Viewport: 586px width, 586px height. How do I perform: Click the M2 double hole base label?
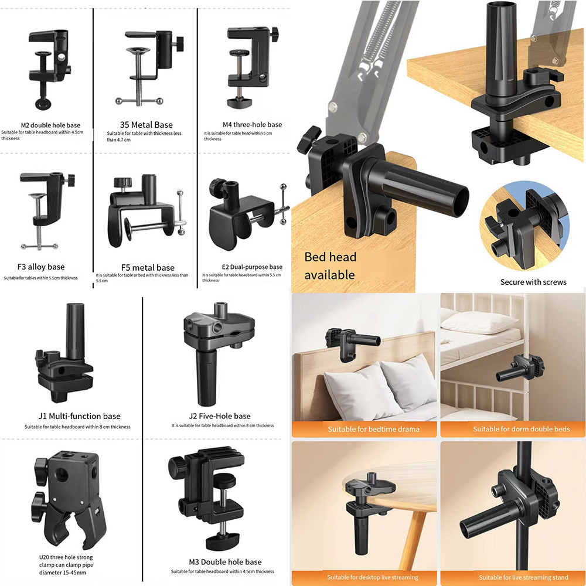click(x=50, y=125)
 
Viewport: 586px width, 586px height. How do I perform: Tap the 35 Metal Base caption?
click(x=146, y=124)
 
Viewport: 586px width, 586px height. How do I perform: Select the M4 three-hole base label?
click(x=252, y=124)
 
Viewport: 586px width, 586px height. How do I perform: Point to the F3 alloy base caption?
click(x=41, y=267)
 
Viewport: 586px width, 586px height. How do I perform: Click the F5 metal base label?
click(x=148, y=268)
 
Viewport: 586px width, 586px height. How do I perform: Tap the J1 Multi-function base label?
click(x=79, y=416)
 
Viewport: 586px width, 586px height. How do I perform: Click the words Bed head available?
click(x=330, y=265)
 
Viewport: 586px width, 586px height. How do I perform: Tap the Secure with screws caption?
click(x=533, y=282)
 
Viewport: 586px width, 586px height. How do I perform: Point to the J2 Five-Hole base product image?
click(x=220, y=346)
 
